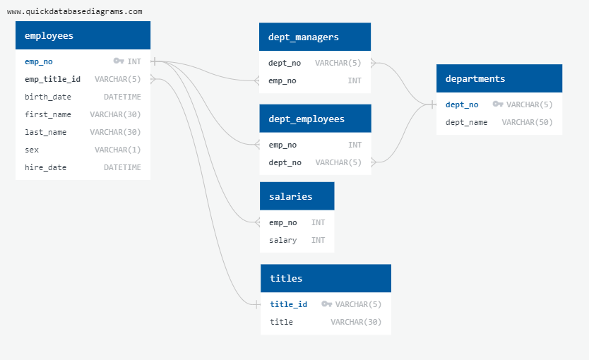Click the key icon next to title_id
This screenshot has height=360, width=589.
tap(326, 304)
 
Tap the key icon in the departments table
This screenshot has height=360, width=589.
tap(497, 104)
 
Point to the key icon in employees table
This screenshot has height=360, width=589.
tap(118, 61)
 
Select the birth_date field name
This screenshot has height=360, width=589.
tap(48, 97)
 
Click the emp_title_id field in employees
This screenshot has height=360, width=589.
tap(52, 79)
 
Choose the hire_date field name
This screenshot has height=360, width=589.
tap(46, 167)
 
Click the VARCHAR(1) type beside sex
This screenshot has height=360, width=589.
tap(117, 150)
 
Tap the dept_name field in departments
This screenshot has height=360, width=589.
tap(466, 122)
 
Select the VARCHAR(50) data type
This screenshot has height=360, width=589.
tap(527, 122)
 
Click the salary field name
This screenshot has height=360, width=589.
tap(282, 240)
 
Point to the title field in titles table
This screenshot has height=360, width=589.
tap(281, 322)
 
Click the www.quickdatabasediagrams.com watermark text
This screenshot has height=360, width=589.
tap(74, 11)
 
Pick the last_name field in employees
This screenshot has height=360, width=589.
tap(46, 132)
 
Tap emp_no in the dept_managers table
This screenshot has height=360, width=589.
tap(282, 80)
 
